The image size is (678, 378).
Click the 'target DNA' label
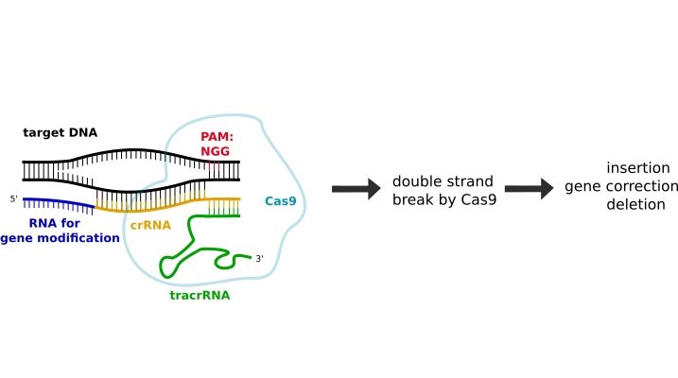tap(60, 132)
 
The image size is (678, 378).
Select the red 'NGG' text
tap(215, 151)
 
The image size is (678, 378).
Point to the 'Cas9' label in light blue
tap(280, 201)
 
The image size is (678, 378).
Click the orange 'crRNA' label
tap(149, 225)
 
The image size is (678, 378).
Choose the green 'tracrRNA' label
tap(200, 295)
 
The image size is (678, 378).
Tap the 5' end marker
tap(14, 199)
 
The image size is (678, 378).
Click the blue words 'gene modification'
tap(60, 238)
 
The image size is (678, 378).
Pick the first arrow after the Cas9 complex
tap(355, 190)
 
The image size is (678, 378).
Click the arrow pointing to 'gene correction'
tap(529, 190)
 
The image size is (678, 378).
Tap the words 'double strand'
tap(443, 181)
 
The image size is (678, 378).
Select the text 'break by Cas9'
tap(444, 199)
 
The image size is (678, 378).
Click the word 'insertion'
tap(638, 168)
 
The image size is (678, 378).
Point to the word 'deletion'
tap(635, 204)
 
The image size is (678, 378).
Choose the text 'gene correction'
tap(621, 186)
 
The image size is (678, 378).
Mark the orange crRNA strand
tap(170, 205)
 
